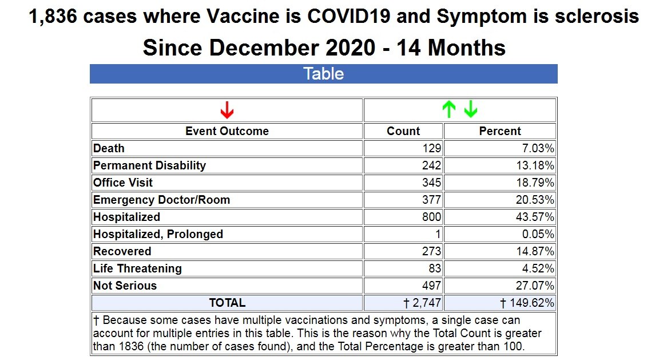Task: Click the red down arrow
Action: point(227,109)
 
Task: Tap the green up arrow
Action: point(449,109)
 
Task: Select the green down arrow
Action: point(470,109)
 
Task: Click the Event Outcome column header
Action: point(227,131)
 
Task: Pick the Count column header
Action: point(403,131)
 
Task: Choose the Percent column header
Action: point(500,131)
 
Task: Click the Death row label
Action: point(109,148)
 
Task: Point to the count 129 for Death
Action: point(432,148)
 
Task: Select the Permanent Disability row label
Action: point(150,165)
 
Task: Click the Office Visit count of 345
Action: point(432,183)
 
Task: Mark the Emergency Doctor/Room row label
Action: point(162,200)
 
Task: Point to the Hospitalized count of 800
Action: point(432,217)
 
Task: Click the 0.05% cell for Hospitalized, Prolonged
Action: point(538,234)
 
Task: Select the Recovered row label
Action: point(122,251)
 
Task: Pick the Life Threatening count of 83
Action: point(435,268)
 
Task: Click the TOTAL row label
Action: point(227,303)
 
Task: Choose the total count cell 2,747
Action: point(423,303)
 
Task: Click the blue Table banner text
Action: point(324,74)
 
